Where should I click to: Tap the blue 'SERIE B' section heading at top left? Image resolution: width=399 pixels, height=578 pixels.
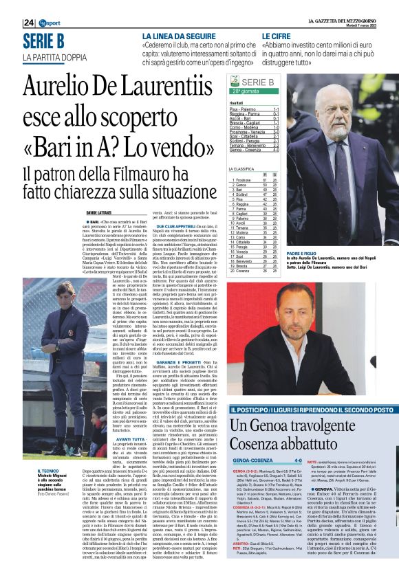[x=43, y=41]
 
